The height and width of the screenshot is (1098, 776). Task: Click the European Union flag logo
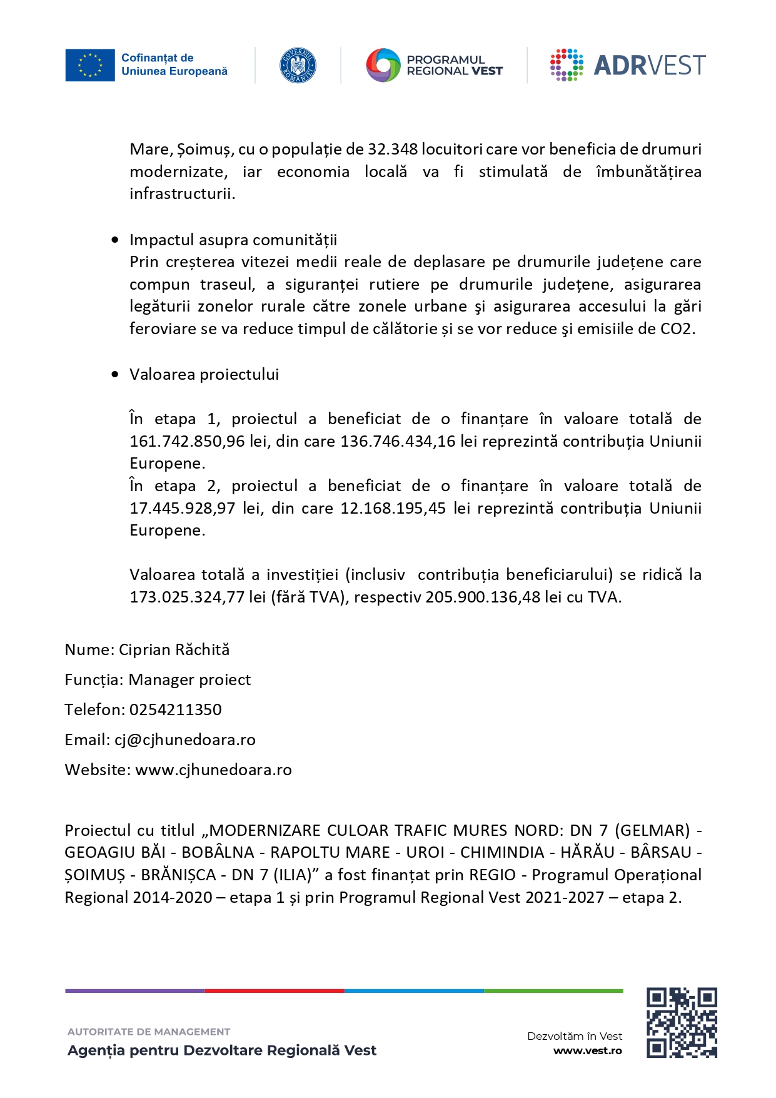tap(90, 65)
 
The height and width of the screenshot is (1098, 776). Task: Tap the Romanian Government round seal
tap(298, 65)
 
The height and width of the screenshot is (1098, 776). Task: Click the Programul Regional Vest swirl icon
tap(383, 65)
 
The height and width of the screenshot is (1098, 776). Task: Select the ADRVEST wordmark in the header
tap(649, 65)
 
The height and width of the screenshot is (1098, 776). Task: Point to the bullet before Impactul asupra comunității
tap(114, 240)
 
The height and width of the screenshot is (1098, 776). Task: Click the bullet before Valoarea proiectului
tap(114, 375)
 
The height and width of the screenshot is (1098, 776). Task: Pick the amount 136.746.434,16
tap(398, 442)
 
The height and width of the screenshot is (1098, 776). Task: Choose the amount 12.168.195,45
tap(393, 509)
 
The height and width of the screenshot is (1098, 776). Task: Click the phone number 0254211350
tap(176, 710)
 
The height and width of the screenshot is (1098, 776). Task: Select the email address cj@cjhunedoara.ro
tap(185, 740)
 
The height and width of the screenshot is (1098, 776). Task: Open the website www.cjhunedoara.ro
tap(214, 770)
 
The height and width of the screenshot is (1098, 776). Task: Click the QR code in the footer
tap(682, 1023)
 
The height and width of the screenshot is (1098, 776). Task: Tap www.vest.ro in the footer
tap(588, 1051)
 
